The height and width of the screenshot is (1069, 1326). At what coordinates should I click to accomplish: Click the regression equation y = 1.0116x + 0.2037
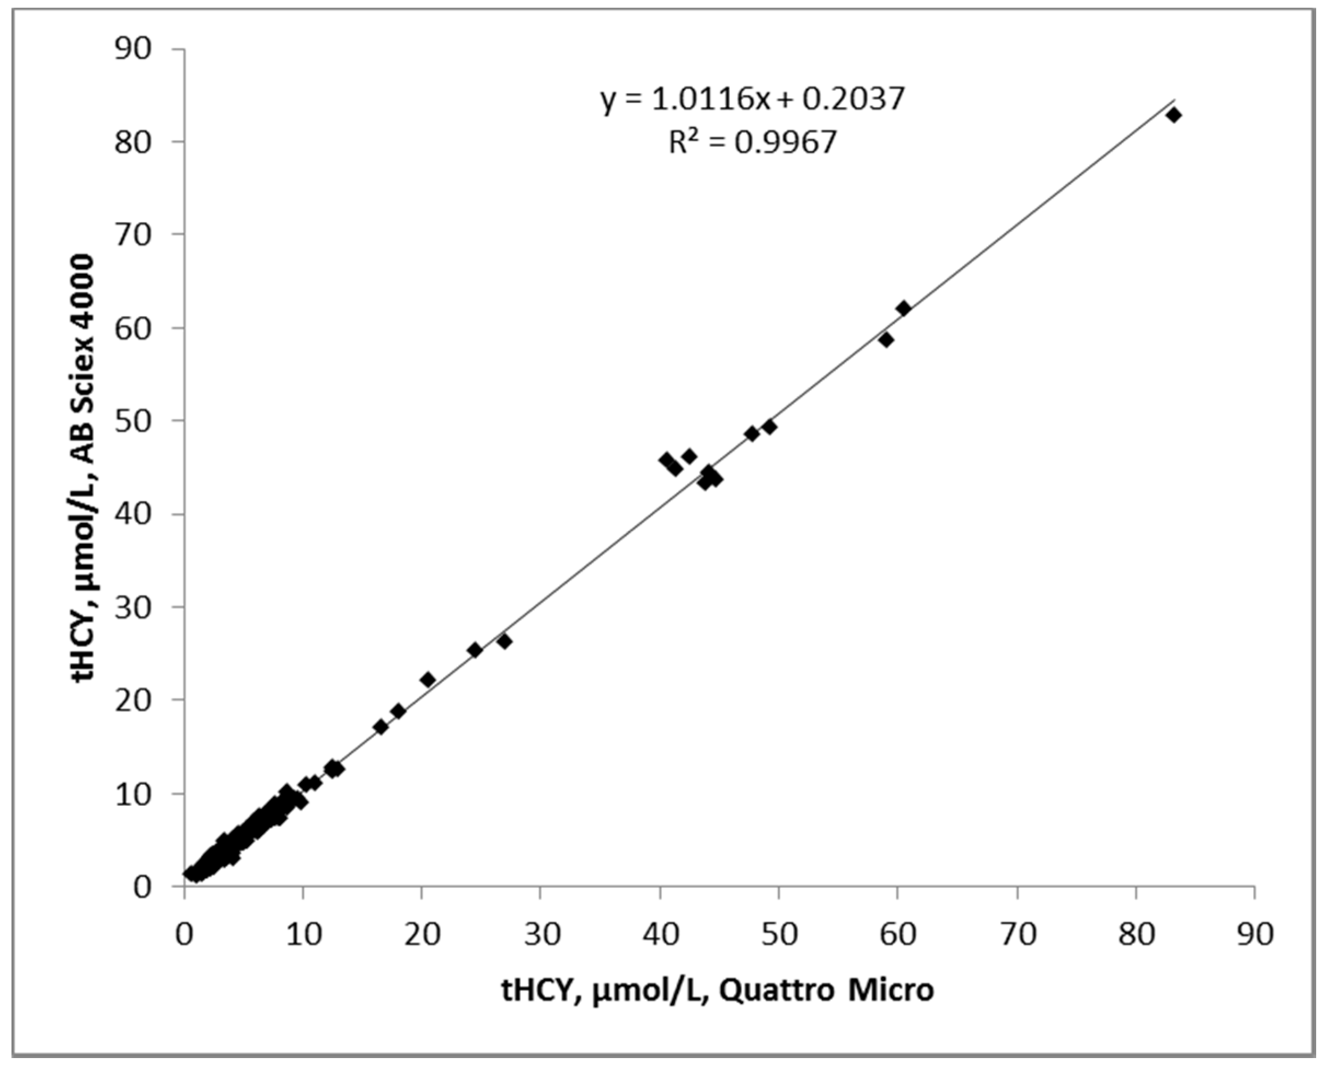pos(753,99)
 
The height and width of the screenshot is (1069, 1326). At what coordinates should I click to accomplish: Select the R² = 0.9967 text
pos(753,143)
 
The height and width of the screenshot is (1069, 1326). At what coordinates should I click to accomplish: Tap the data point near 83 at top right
pos(1173,115)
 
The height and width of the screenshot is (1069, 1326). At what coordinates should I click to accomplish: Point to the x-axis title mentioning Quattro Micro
pos(718,991)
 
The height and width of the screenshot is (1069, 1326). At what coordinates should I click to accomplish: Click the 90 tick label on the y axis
pos(132,49)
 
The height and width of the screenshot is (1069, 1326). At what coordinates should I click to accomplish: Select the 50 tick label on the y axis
pos(132,421)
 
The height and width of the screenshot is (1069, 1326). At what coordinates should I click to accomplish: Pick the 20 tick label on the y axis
pos(132,700)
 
